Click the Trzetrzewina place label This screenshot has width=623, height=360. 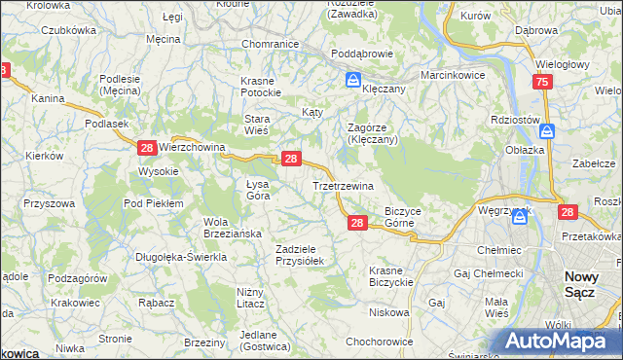[x=342, y=186]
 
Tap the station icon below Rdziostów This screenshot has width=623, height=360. [x=548, y=131]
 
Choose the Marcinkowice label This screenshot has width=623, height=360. [x=453, y=75]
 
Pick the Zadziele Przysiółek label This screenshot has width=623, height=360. [x=305, y=254]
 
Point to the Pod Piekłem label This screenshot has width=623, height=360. [x=153, y=202]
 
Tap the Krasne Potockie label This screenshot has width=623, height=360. [x=262, y=87]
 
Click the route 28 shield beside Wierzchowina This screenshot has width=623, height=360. [x=146, y=148]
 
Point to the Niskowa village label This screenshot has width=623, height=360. [x=389, y=312]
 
